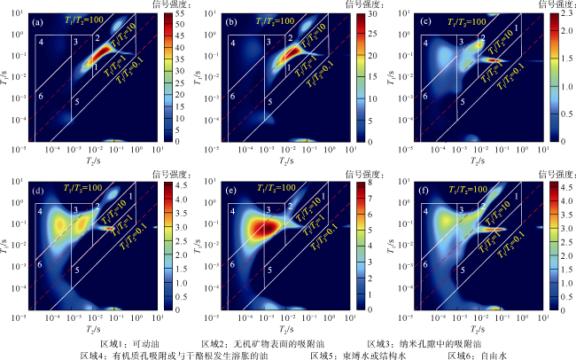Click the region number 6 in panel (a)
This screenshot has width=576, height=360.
(x=40, y=95)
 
